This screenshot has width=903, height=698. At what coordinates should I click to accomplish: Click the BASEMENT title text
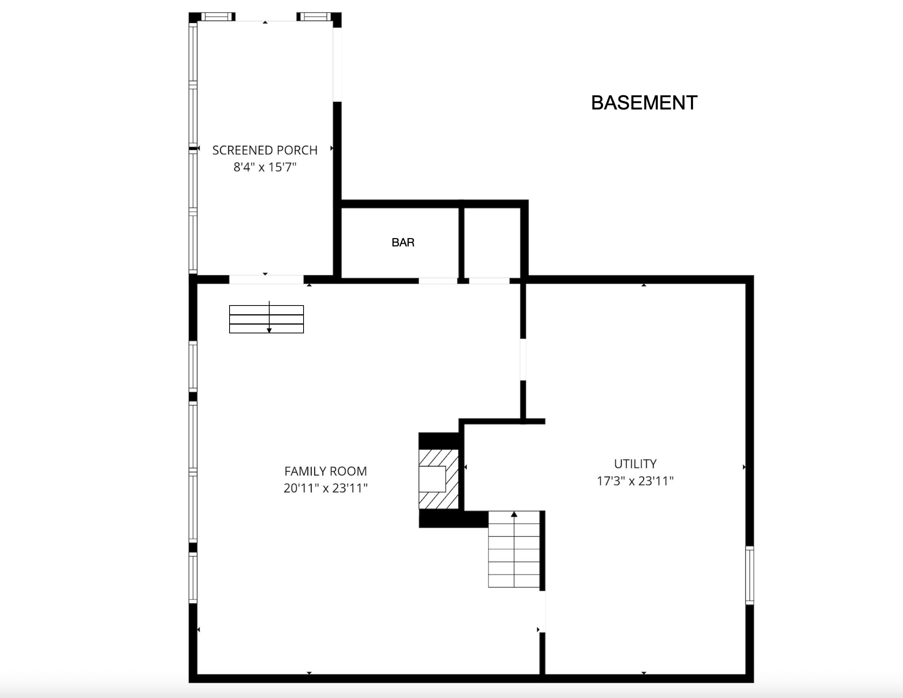point(644,103)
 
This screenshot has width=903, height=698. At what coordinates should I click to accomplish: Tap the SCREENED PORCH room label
point(265,150)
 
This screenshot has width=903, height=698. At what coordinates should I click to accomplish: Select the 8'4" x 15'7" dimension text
point(265,167)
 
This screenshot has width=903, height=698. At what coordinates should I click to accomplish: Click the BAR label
point(403,242)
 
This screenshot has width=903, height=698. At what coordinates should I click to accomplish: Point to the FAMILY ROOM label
point(325,471)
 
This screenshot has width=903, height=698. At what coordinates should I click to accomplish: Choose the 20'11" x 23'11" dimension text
point(325,488)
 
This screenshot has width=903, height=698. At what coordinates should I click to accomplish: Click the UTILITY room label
point(635,463)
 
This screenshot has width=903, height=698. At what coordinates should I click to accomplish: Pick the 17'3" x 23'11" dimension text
point(635,481)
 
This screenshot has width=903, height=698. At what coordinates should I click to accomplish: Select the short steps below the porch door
point(266,319)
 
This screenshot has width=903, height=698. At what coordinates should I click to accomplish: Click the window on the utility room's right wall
point(749,575)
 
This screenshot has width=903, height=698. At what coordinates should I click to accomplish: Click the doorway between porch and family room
point(266,280)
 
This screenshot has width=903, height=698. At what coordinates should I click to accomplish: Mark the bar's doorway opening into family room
point(438,281)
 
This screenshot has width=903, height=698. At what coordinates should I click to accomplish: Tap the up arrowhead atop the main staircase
point(514,515)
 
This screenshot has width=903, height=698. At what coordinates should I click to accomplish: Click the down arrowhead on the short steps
point(269,330)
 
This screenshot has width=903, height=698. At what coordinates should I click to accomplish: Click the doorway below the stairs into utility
point(542,611)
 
